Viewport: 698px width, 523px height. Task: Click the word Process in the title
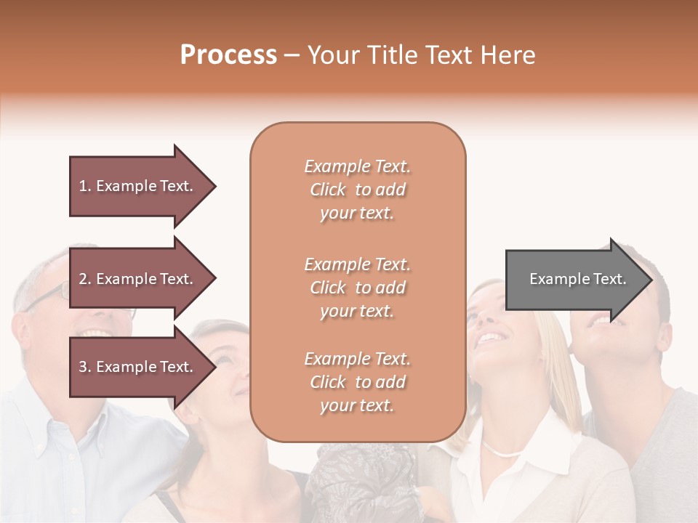pos(228,55)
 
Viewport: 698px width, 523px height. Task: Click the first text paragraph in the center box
pos(357,190)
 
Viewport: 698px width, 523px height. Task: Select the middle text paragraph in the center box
pos(357,288)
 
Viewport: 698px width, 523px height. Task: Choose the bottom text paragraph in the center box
pos(357,382)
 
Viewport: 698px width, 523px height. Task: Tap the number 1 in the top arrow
pos(83,186)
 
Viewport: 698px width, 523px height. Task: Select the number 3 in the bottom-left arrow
pos(83,367)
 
